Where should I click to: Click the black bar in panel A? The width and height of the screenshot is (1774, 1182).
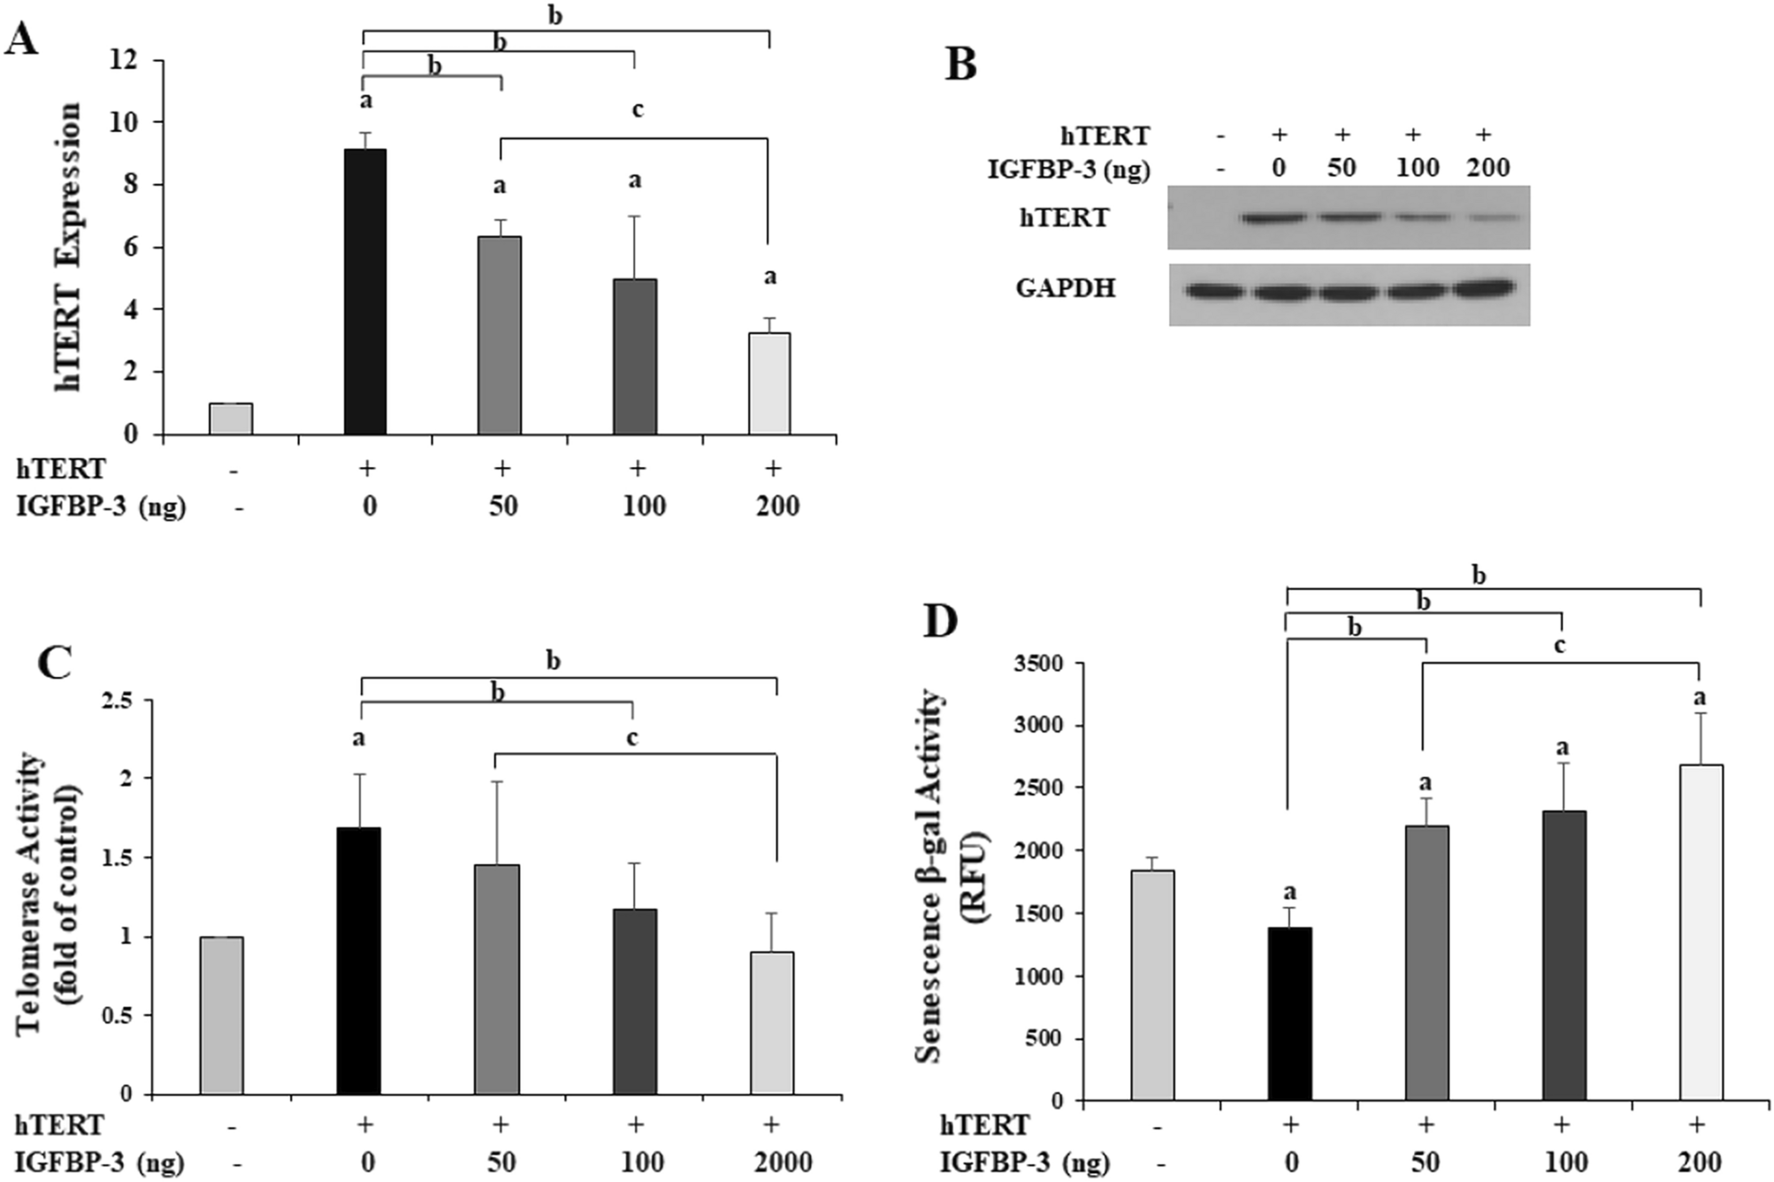tap(364, 292)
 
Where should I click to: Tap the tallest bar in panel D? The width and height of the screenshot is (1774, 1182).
tap(1700, 933)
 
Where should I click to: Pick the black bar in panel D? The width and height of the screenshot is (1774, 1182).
tap(1289, 1014)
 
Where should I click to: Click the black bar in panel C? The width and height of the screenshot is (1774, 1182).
tap(359, 961)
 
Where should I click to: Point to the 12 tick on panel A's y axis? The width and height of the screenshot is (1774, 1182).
tap(124, 60)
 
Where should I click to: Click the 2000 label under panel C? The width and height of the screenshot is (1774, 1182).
tap(783, 1162)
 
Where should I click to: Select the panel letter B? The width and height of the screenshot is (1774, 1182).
tap(961, 65)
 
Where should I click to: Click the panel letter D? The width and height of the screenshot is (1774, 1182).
tap(940, 621)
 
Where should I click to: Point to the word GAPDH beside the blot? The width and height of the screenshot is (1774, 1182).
tap(1065, 288)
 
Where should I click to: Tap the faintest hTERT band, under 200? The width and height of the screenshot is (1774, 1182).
tap(1493, 217)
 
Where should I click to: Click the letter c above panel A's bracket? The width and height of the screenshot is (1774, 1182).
tap(637, 110)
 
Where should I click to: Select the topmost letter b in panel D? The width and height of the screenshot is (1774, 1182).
tap(1478, 576)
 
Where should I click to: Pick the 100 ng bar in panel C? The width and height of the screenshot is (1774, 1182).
tap(634, 1002)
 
